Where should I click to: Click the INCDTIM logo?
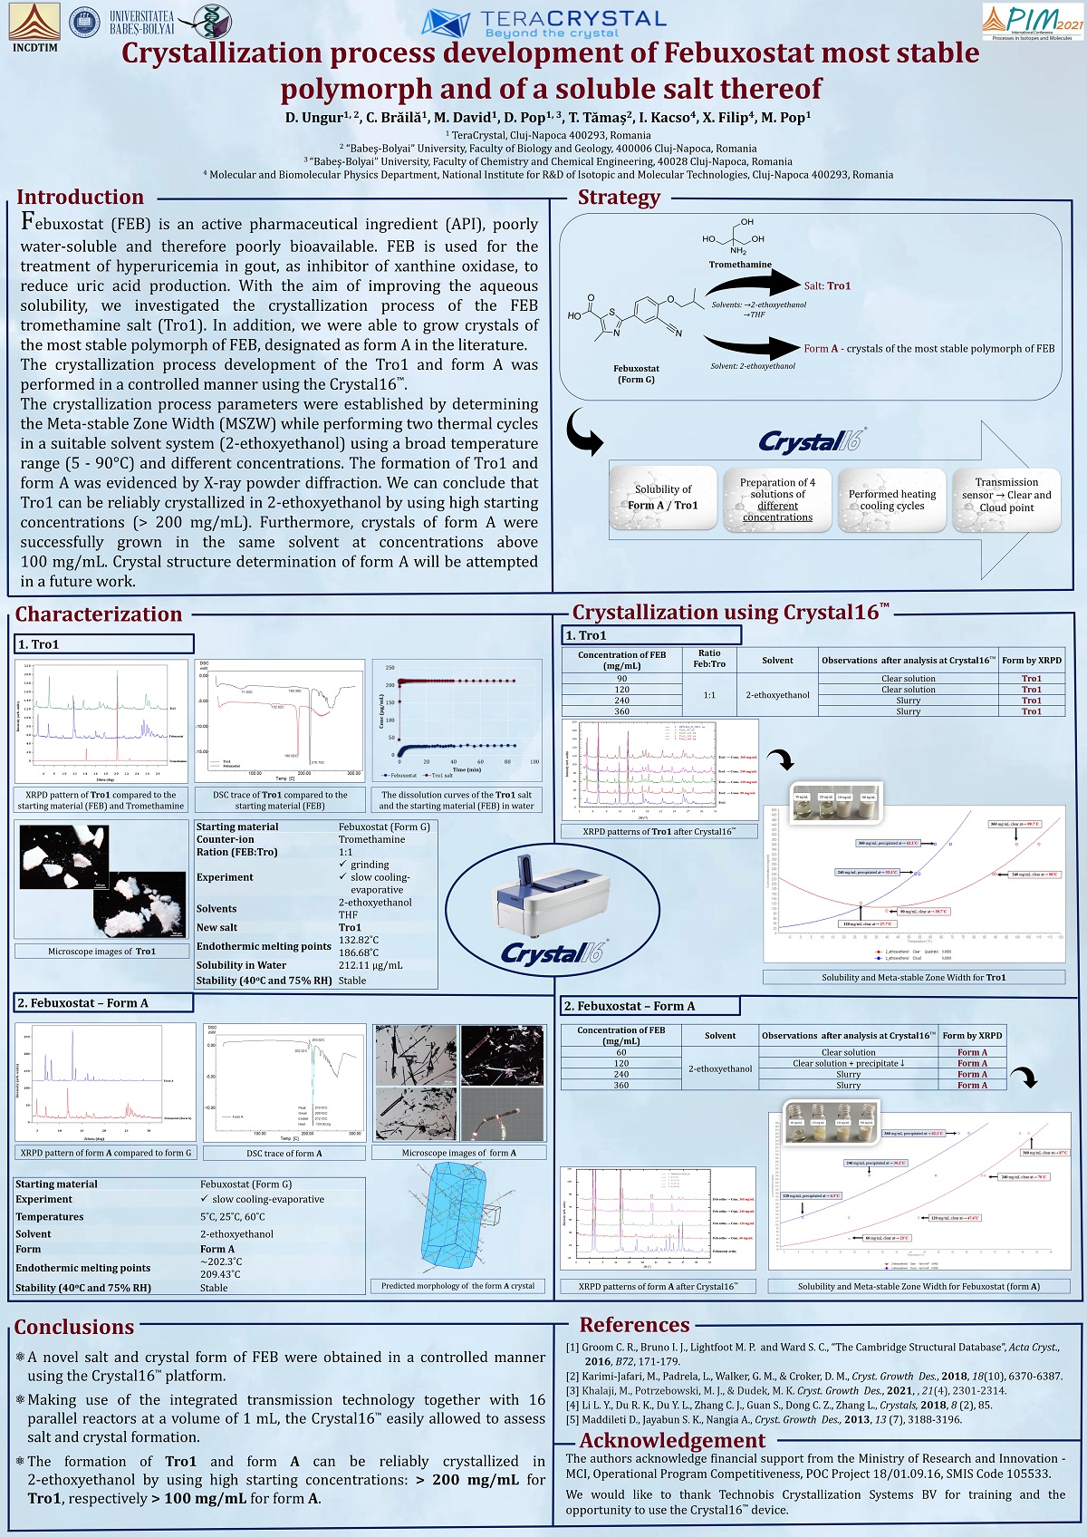click(x=34, y=25)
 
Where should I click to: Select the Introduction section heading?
click(x=80, y=197)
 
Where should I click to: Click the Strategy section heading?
click(x=619, y=197)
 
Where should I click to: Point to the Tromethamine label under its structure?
click(x=740, y=265)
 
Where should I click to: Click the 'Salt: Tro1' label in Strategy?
click(x=827, y=285)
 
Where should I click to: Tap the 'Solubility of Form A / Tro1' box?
click(x=663, y=498)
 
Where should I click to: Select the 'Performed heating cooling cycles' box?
click(x=892, y=499)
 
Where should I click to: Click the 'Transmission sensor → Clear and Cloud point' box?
click(x=1006, y=495)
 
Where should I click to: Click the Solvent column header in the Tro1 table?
click(x=777, y=661)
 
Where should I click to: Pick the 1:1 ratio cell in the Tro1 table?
click(x=709, y=695)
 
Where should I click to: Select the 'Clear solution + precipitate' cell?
click(x=848, y=1063)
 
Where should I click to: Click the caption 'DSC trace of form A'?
click(x=284, y=1153)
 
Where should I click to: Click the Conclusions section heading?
click(x=74, y=1327)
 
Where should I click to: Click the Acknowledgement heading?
click(x=672, y=1440)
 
